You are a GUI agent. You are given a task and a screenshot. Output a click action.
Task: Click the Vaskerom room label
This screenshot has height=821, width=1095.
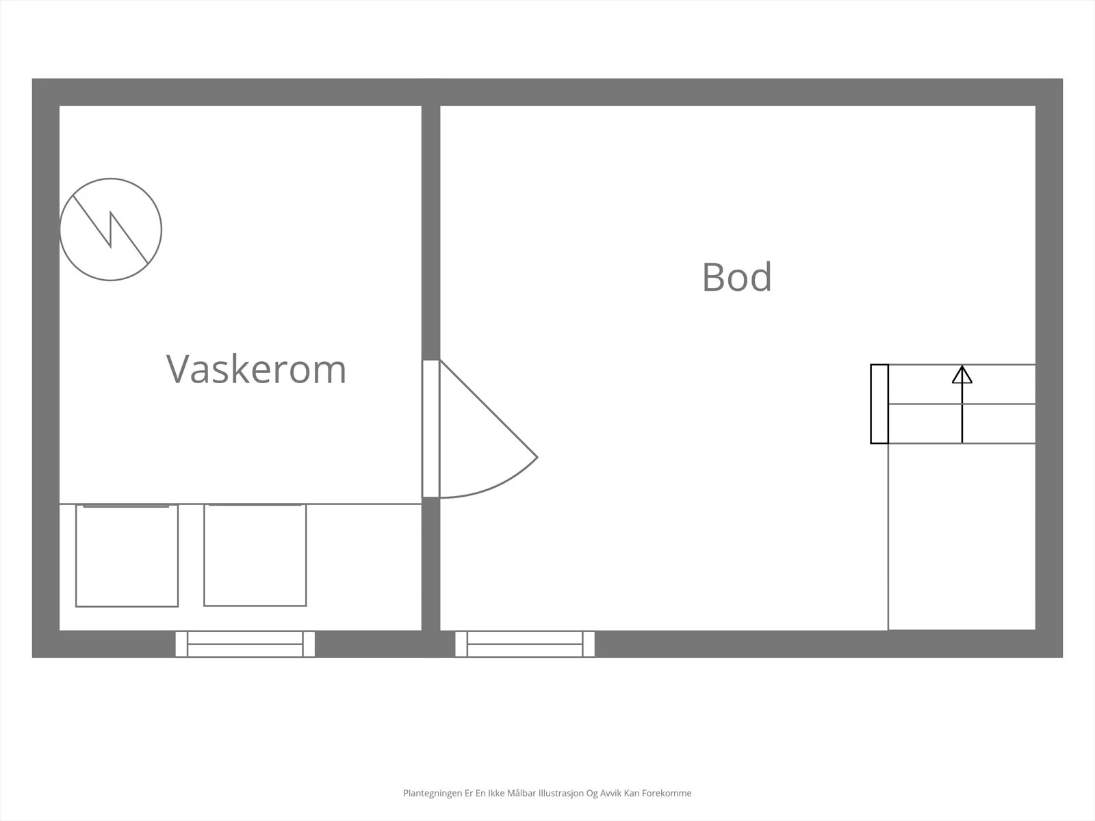pyautogui.click(x=257, y=369)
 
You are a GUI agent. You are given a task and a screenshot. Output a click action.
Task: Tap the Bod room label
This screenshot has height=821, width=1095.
pyautogui.click(x=737, y=276)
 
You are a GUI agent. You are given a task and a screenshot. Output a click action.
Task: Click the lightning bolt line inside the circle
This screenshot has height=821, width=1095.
pyautogui.click(x=110, y=229)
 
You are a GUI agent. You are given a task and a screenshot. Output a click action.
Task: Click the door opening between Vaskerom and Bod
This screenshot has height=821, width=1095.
pyautogui.click(x=431, y=429)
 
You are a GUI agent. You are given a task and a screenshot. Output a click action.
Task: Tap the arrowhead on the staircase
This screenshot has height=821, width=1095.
pyautogui.click(x=962, y=374)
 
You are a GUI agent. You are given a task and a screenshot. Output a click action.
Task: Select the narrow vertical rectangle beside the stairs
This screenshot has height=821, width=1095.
pyautogui.click(x=879, y=404)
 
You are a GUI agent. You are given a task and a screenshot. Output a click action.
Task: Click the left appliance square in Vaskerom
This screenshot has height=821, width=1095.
pyautogui.click(x=127, y=556)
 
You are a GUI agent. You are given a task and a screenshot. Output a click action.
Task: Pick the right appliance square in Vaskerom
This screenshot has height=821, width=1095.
pyautogui.click(x=255, y=555)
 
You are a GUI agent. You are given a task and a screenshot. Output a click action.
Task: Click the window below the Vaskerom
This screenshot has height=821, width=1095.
pyautogui.click(x=245, y=644)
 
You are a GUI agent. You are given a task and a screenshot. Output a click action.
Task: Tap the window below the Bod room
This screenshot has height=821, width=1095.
pyautogui.click(x=525, y=644)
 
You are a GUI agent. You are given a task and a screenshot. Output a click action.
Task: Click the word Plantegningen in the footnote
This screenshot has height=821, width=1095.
pyautogui.click(x=433, y=793)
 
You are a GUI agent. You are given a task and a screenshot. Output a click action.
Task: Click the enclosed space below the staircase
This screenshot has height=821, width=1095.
pyautogui.click(x=962, y=536)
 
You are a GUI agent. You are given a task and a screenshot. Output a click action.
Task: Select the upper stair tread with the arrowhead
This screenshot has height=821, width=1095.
pyautogui.click(x=962, y=385)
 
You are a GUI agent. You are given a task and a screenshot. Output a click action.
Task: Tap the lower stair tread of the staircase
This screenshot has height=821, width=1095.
pyautogui.click(x=962, y=423)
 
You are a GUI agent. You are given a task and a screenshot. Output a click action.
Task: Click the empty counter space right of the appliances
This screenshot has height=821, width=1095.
pyautogui.click(x=364, y=567)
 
